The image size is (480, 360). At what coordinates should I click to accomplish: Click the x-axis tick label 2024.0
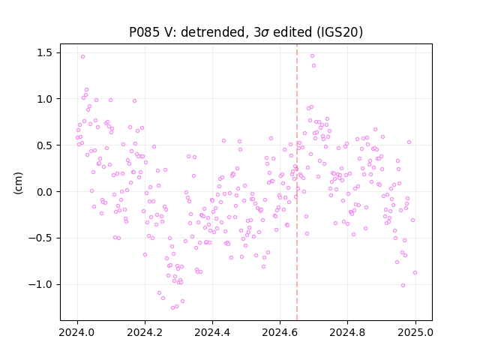pyautogui.click(x=77, y=332)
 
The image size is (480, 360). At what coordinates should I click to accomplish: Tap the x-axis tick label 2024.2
pyautogui.click(x=145, y=332)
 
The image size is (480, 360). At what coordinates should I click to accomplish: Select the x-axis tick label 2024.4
pyautogui.click(x=212, y=332)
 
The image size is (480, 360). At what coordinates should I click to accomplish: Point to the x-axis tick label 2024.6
pyautogui.click(x=280, y=332)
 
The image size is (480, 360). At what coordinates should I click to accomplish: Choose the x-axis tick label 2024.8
pyautogui.click(x=347, y=332)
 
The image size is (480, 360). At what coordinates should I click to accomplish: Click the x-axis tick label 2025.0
pyautogui.click(x=415, y=332)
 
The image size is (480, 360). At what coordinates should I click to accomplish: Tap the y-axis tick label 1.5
pyautogui.click(x=46, y=53)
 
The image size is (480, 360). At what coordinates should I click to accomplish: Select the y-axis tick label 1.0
pyautogui.click(x=46, y=99)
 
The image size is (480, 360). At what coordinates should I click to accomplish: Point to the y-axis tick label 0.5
pyautogui.click(x=46, y=145)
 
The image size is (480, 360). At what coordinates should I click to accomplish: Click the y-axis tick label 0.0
pyautogui.click(x=46, y=192)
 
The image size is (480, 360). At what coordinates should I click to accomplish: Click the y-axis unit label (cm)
pyautogui.click(x=18, y=183)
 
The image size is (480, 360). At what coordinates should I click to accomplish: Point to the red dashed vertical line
pyautogui.click(x=297, y=182)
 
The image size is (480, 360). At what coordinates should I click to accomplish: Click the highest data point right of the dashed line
pyautogui.click(x=312, y=55)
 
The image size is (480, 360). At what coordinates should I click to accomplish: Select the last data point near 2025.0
pyautogui.click(x=415, y=272)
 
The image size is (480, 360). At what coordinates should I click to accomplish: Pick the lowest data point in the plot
pyautogui.click(x=172, y=307)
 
